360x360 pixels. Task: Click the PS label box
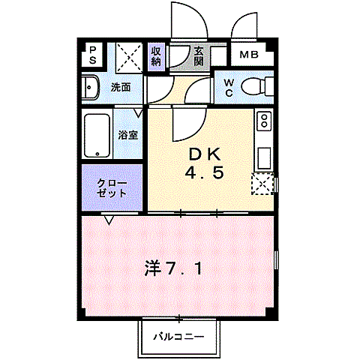click(93, 55)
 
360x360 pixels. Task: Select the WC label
click(228, 88)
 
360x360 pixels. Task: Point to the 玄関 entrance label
click(199, 56)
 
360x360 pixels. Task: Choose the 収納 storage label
click(157, 55)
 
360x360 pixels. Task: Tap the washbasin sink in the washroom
click(91, 88)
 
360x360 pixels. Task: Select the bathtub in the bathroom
click(98, 135)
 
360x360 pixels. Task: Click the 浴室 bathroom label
click(128, 136)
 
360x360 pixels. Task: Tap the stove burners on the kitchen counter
click(264, 121)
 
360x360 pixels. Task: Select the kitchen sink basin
click(264, 157)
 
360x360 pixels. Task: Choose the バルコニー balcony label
click(179, 337)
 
